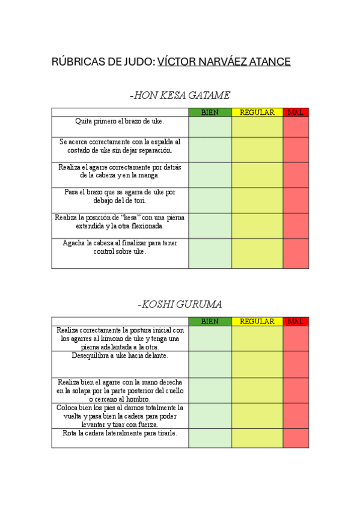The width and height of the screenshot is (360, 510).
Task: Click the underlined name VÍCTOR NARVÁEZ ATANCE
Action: pos(224,62)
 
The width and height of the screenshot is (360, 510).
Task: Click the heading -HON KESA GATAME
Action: pos(180,95)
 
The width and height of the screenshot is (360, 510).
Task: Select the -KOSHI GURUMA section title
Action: pos(180,304)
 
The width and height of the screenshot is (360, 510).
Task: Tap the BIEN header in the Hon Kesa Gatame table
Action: pos(210,112)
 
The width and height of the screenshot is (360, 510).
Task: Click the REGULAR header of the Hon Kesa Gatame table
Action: pos(257,112)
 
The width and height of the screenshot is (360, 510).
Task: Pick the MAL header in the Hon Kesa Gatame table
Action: pos(296,112)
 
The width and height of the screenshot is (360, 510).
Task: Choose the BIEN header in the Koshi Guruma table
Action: pos(210,321)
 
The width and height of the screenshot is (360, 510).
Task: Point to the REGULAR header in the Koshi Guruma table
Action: pos(257,321)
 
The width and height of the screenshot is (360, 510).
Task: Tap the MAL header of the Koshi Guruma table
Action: pos(296,321)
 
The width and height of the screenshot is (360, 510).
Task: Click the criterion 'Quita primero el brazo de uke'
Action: pos(120,121)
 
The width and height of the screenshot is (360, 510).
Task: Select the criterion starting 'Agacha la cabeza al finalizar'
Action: pos(120,247)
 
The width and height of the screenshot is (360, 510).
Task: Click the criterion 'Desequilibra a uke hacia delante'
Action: pos(120,355)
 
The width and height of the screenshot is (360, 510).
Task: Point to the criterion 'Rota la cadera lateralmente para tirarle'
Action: pos(120,433)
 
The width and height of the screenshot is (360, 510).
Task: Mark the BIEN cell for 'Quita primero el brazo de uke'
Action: pos(210,127)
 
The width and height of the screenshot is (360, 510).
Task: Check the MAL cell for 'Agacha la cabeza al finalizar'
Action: pos(296,253)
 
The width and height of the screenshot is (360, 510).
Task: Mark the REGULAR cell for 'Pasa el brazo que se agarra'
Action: pos(257,200)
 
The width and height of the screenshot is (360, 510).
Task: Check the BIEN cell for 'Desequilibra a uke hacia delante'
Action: pos(210,364)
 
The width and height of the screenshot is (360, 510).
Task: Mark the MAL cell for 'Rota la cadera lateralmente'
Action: pos(296,438)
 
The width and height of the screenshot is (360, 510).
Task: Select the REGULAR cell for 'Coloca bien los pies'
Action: pos(257,416)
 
